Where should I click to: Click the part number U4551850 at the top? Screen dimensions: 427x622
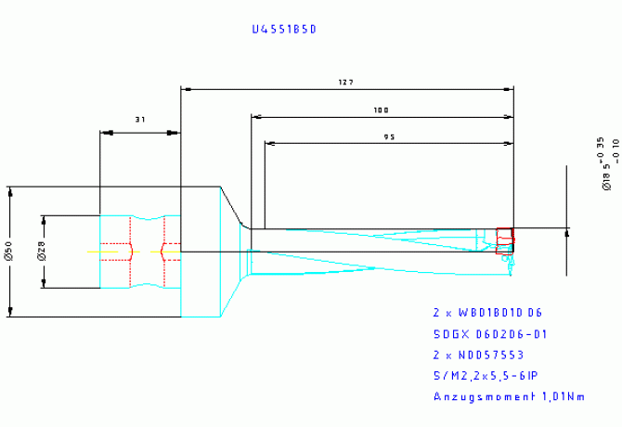pyautogui.click(x=284, y=29)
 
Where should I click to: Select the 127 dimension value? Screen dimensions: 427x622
pyautogui.click(x=346, y=83)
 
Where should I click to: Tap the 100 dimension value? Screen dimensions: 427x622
pyautogui.click(x=381, y=110)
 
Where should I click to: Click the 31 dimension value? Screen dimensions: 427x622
pyautogui.click(x=140, y=120)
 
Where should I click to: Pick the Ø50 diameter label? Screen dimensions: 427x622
pyautogui.click(x=9, y=250)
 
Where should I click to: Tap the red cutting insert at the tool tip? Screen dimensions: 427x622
pyautogui.click(x=505, y=240)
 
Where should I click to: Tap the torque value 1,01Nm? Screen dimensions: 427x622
pyautogui.click(x=564, y=397)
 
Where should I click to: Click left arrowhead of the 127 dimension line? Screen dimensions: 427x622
pyautogui.click(x=185, y=90)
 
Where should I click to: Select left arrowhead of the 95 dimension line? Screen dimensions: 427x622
pyautogui.click(x=269, y=144)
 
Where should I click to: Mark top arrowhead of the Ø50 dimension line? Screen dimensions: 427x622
pyautogui.click(x=10, y=192)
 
